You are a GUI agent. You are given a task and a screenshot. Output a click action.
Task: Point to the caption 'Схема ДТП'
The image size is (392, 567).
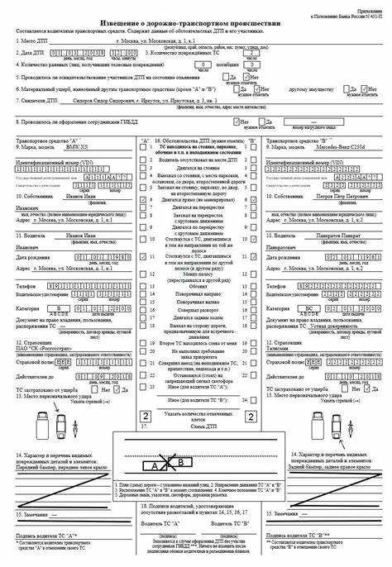point(195,427)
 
